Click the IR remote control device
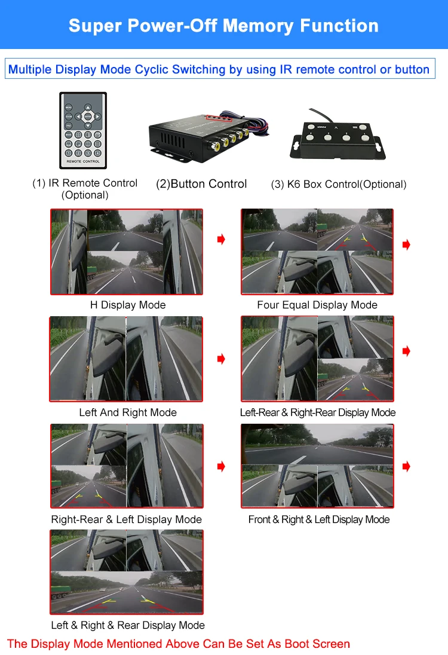(x=83, y=130)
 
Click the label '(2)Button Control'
(x=201, y=184)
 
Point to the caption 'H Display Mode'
(x=128, y=305)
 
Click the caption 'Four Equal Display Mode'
(x=317, y=305)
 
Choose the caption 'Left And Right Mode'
(x=128, y=412)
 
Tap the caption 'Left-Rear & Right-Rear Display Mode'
(x=318, y=412)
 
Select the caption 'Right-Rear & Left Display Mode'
(x=127, y=519)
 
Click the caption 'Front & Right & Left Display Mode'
(x=319, y=519)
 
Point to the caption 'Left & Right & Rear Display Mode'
(x=128, y=625)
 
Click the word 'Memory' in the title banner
(x=259, y=26)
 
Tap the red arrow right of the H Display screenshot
(x=221, y=240)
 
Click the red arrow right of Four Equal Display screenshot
(x=406, y=245)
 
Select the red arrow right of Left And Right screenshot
(x=221, y=359)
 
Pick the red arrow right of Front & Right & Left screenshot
(x=406, y=467)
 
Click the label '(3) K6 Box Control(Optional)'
(x=339, y=184)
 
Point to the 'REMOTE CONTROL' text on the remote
(x=83, y=161)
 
